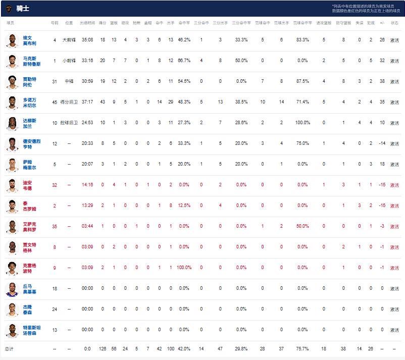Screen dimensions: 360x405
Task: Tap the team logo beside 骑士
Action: click(9, 8)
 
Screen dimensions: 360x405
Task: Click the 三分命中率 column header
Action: click(241, 23)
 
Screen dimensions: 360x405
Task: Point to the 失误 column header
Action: click(359, 23)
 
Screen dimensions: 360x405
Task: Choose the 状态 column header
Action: click(394, 23)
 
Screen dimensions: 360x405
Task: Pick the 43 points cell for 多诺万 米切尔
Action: click(103, 102)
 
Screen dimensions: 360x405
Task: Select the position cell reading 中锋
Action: click(69, 81)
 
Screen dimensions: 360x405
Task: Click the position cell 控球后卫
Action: click(69, 123)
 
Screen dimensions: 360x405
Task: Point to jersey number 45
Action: click(55, 102)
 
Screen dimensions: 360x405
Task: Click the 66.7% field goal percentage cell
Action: click(184, 61)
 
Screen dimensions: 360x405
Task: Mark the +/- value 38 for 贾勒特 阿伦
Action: click(382, 81)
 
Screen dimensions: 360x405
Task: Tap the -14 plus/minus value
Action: click(382, 143)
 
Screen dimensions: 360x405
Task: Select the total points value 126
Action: click(103, 348)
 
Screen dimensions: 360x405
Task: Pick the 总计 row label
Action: click(10, 348)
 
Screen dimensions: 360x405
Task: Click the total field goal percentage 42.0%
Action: click(184, 348)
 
